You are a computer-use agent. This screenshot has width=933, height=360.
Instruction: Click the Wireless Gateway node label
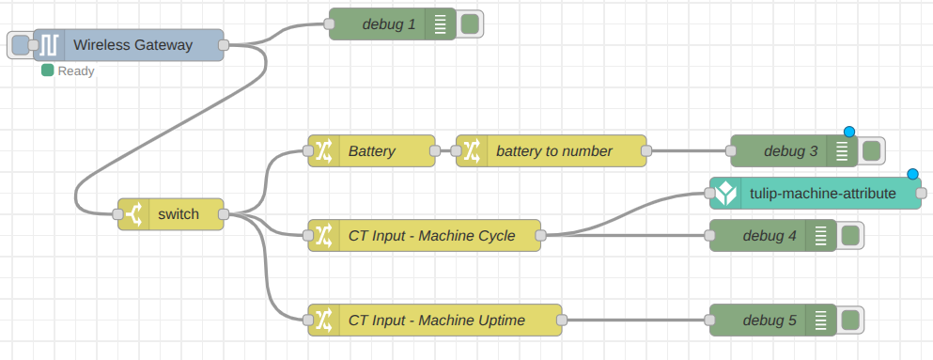132,44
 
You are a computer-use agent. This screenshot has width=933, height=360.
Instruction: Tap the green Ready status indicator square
47,70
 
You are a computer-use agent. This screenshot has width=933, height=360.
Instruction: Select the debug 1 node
388,23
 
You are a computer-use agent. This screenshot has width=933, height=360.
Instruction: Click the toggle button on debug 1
470,23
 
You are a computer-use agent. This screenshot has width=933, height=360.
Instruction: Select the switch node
178,213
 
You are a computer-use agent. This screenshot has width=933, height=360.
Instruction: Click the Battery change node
371,150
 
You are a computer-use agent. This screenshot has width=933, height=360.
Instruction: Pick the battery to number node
553,150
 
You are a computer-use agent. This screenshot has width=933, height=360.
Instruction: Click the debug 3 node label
789,150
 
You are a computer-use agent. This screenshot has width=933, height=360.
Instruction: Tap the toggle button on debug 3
871,150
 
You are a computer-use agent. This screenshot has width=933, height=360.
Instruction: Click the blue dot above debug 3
849,132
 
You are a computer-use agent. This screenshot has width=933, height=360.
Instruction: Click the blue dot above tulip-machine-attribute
912,174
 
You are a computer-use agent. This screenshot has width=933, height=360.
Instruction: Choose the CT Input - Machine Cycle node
431,235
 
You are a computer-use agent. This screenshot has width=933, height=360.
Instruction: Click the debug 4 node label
769,235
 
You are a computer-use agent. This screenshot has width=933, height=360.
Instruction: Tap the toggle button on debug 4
850,235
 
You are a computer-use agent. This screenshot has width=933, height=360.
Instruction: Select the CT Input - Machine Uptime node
436,320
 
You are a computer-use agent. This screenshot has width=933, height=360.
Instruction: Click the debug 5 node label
769,320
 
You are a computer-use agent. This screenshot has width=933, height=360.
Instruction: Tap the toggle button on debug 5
850,320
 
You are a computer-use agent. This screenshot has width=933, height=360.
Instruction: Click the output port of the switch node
224,214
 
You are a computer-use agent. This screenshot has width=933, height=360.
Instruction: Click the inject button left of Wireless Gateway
20,44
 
